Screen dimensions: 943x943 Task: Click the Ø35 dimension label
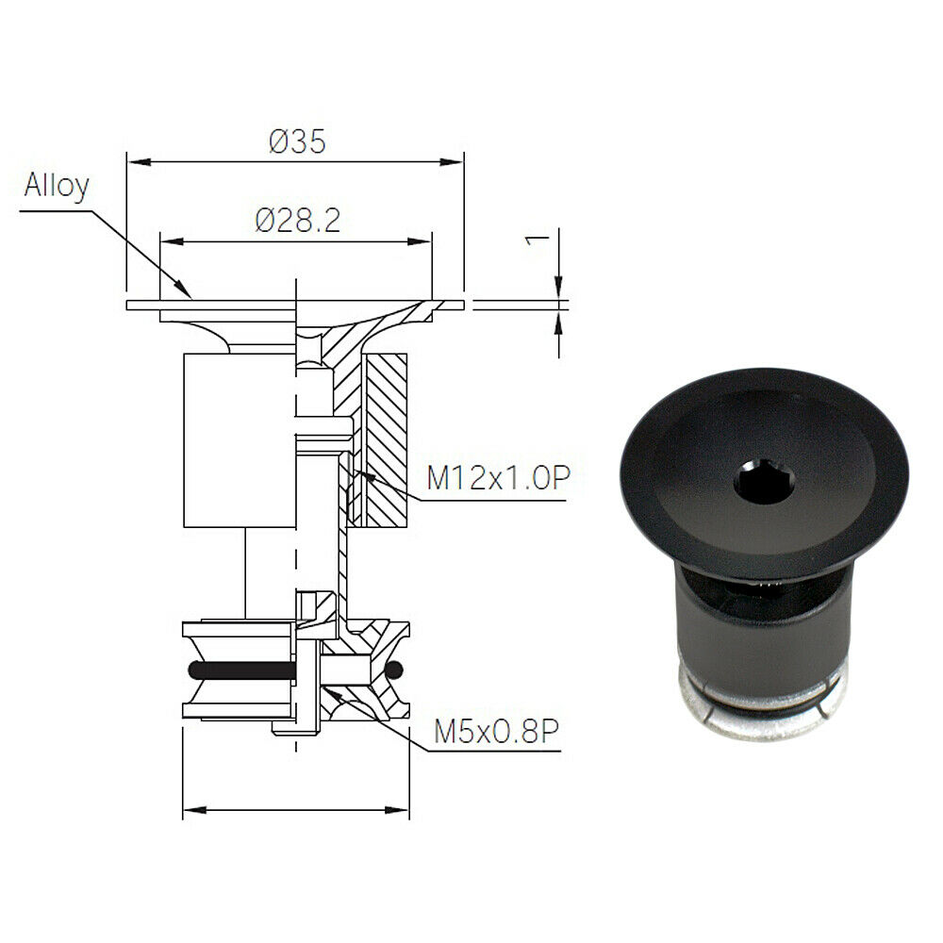click(x=297, y=142)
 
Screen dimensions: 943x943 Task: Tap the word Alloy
click(x=57, y=186)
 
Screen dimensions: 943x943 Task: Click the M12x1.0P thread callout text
click(x=498, y=478)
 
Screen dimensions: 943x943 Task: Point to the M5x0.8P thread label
click(x=496, y=732)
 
